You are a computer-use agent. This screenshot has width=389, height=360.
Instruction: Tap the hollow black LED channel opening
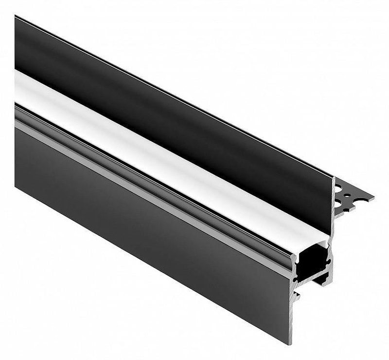pos(311,263)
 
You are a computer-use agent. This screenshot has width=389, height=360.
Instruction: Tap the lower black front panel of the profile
pos(146,219)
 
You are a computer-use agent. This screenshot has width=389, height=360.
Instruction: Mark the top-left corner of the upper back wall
pos(16,17)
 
